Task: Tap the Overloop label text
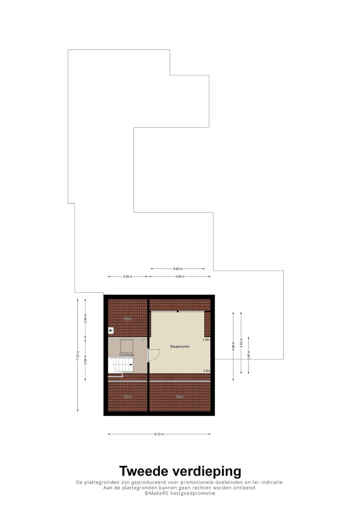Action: pyautogui.click(x=127, y=354)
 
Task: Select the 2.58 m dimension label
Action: pyautogui.click(x=127, y=276)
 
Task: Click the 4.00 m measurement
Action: pyautogui.click(x=179, y=276)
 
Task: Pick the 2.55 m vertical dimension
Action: pyautogui.click(x=85, y=320)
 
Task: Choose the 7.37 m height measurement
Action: pyautogui.click(x=77, y=355)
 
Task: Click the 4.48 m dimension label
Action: pyautogui.click(x=233, y=346)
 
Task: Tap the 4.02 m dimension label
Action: pyautogui.click(x=241, y=346)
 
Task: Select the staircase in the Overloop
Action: pyautogui.click(x=121, y=365)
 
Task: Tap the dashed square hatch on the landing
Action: pyautogui.click(x=127, y=345)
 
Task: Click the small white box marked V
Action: pyautogui.click(x=111, y=330)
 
